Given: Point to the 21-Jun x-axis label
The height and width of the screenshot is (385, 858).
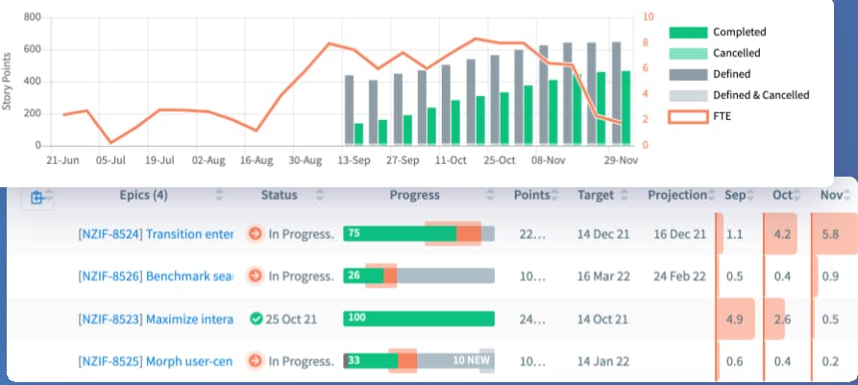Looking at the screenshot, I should pos(63,161).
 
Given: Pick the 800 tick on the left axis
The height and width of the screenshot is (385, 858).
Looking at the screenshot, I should pos(32,17).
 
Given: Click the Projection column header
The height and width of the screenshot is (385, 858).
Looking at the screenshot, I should pos(676,196).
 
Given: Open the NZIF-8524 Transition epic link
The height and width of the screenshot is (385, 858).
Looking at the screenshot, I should pos(156,233).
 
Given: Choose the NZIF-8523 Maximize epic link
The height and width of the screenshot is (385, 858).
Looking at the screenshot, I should pos(156,319).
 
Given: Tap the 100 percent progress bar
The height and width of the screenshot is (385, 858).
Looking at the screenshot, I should pos(419,319).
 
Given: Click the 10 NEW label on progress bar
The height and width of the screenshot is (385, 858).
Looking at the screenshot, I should pos(471,361).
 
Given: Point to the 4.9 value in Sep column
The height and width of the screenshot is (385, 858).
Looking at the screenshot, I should pos(735,319).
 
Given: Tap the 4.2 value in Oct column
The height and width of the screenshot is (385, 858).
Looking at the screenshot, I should pos(782,233).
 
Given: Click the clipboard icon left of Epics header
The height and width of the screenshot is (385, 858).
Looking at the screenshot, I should pos(37,198).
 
